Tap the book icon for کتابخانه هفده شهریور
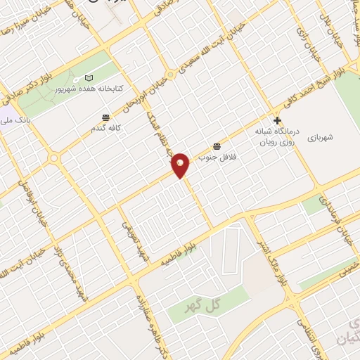[88, 77]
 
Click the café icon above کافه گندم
[105, 117]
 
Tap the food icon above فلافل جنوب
[217, 146]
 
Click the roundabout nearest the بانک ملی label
[54, 157]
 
